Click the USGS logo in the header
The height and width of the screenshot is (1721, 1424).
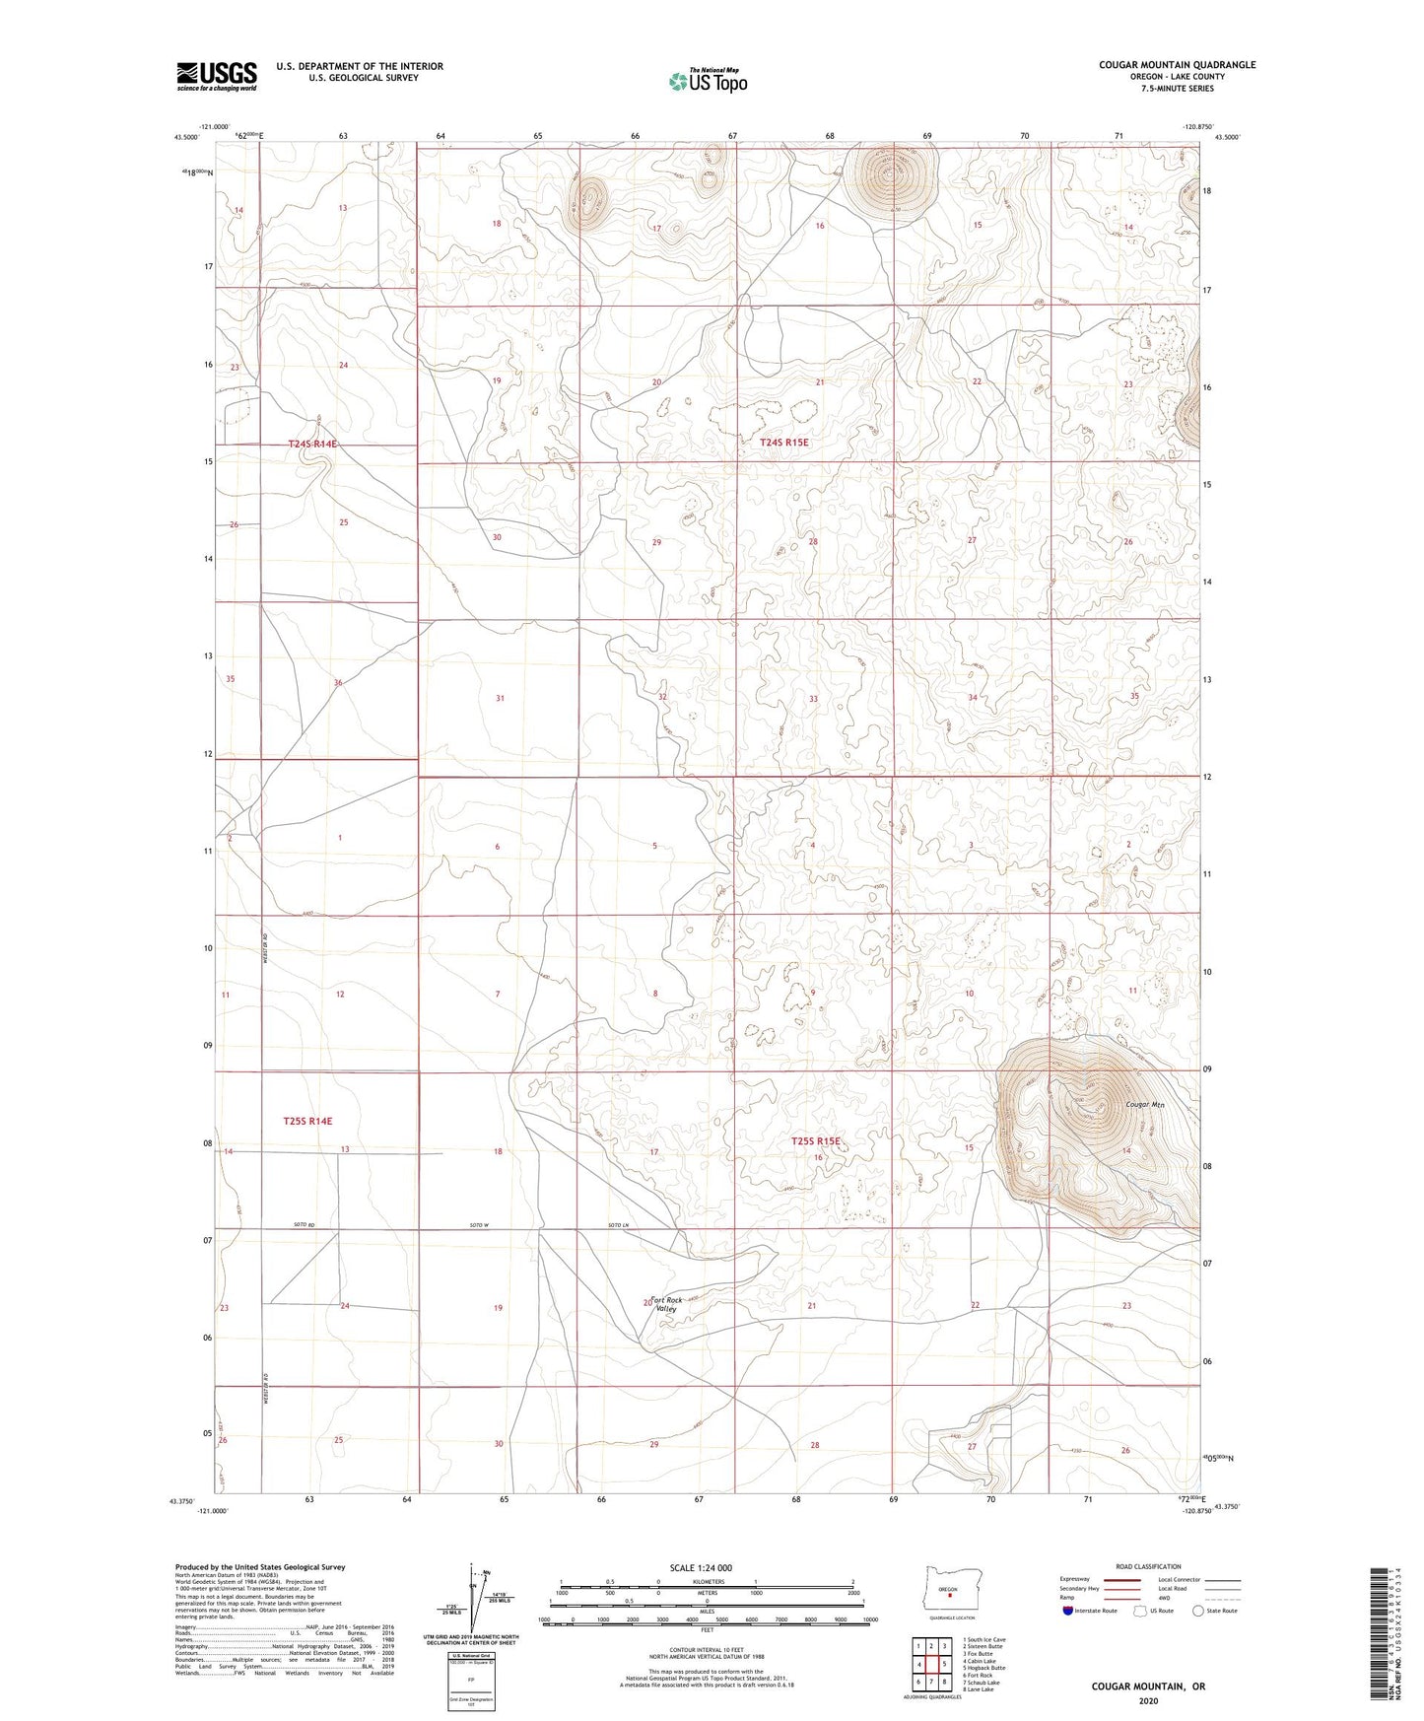pos(216,76)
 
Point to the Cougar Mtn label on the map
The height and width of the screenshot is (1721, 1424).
pos(1145,1105)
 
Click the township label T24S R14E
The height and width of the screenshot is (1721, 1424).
pos(312,445)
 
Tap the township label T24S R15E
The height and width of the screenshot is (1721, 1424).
pos(784,444)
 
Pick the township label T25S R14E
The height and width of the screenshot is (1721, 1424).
pos(307,1122)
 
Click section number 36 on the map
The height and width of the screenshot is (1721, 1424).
pos(338,682)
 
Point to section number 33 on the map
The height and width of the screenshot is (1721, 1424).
pos(813,699)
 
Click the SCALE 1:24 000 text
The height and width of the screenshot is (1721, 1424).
pos(705,1567)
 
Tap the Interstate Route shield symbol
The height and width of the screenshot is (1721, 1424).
pos(1068,1611)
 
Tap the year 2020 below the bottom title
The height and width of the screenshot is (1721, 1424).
pos(1147,1700)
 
